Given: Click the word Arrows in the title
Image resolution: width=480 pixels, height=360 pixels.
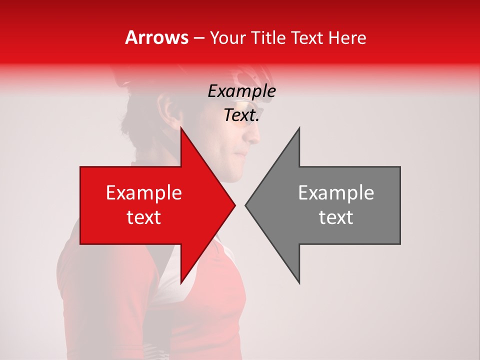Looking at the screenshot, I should [x=157, y=37].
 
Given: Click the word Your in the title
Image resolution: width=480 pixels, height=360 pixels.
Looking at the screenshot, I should [x=228, y=37].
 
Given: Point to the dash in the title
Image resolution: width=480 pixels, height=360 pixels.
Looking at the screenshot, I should [x=198, y=38].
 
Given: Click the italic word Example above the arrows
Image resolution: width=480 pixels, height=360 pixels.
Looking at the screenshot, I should [x=241, y=91].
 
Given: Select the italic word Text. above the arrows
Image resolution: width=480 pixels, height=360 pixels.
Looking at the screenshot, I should [x=241, y=115].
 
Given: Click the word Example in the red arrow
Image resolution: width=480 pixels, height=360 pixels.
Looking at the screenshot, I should [x=144, y=193].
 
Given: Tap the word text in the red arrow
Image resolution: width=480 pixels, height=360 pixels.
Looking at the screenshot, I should [x=144, y=217].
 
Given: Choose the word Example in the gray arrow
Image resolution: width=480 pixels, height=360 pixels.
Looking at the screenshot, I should [x=336, y=193].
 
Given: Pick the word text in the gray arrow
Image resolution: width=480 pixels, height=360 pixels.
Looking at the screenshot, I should [x=336, y=217].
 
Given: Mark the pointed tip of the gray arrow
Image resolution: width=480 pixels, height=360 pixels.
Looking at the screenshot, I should [x=246, y=205].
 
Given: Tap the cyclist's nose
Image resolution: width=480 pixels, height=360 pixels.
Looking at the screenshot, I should [x=256, y=134].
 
